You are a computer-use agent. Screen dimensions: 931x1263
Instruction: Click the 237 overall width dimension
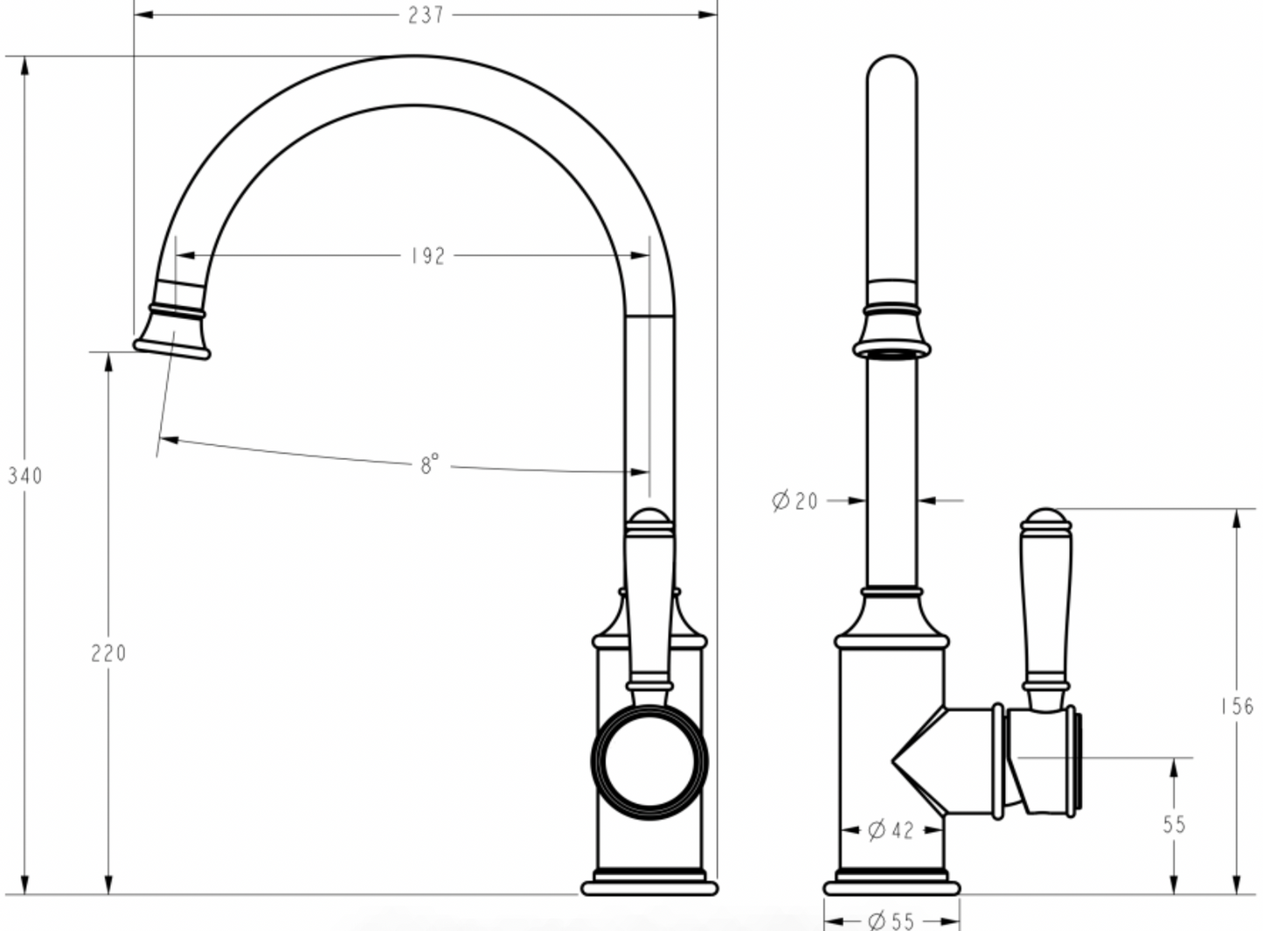pos(426,15)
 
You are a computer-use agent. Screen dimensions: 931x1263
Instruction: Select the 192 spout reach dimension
pos(427,255)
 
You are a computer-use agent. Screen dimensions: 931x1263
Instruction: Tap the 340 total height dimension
pos(24,476)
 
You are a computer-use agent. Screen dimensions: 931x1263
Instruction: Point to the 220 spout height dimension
pos(108,652)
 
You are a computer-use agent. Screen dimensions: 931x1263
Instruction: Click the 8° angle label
pos(429,464)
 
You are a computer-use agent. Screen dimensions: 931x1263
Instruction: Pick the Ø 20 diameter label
pos(795,500)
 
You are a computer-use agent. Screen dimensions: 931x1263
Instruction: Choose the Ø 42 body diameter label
pos(891,829)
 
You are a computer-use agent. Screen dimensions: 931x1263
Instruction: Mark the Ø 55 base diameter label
pos(891,920)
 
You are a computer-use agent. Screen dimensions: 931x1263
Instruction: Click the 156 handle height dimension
pos(1237,705)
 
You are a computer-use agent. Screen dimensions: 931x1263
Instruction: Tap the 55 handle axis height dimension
pos(1174,823)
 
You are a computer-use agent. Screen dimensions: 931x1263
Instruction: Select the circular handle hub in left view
pos(649,761)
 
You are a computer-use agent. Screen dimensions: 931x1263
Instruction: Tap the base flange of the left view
pos(649,887)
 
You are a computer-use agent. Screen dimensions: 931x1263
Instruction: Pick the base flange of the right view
pos(891,887)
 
